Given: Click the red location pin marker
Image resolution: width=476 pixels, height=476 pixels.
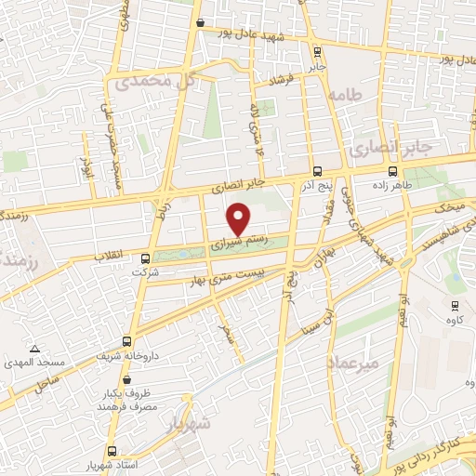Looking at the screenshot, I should coord(239,218).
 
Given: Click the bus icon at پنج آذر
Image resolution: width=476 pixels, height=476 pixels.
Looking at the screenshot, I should coord(318,171).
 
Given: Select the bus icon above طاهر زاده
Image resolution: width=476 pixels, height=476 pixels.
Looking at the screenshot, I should coord(392,171).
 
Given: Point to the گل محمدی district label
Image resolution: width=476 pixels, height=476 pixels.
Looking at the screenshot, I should coord(154,82).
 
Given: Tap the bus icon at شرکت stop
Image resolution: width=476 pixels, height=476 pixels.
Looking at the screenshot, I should coord(144,258).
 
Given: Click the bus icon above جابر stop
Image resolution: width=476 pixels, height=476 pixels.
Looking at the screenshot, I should coord(318,51).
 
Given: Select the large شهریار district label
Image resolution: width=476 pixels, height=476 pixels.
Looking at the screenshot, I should coord(190,423).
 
